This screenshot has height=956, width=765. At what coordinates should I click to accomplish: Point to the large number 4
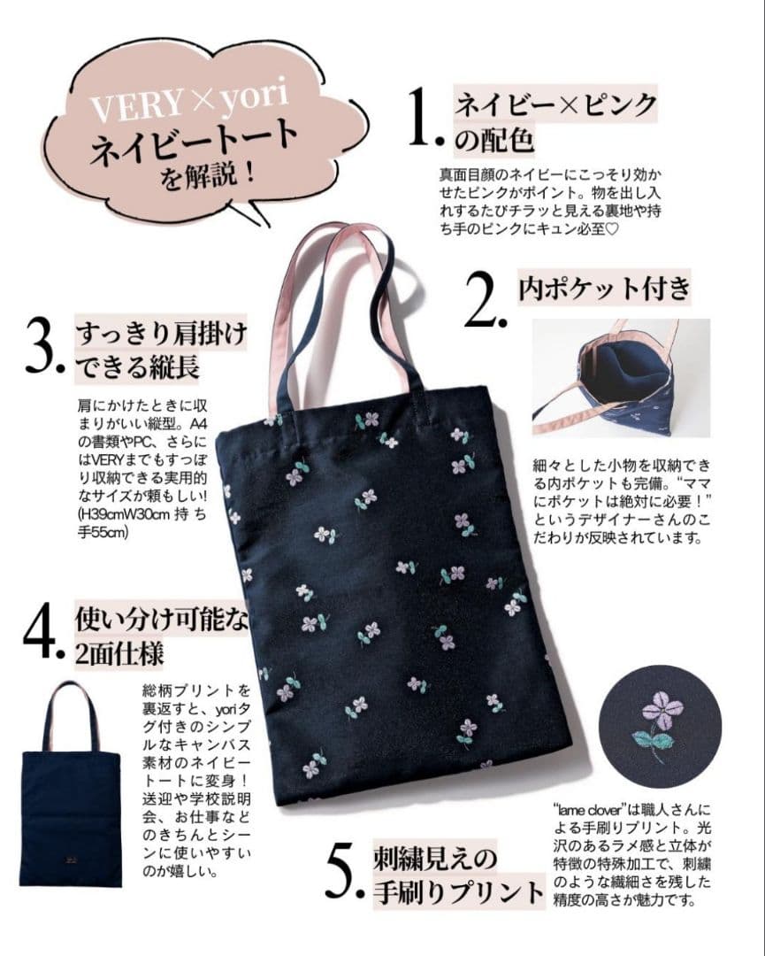pyautogui.click(x=41, y=632)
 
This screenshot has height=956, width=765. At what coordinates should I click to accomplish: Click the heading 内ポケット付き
pyautogui.click(x=605, y=288)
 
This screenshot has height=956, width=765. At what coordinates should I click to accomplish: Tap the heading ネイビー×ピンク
pyautogui.click(x=555, y=104)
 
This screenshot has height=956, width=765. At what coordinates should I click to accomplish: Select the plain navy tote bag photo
pyautogui.click(x=70, y=783)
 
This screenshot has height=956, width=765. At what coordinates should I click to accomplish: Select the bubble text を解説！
pyautogui.click(x=208, y=174)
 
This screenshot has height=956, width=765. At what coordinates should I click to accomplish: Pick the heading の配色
pyautogui.click(x=494, y=139)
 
